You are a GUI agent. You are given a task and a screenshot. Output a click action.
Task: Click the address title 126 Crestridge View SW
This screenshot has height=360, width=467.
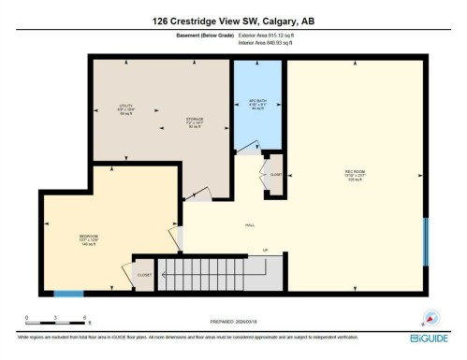(233, 22)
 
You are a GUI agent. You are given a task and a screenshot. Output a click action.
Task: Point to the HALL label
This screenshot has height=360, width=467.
(250, 225)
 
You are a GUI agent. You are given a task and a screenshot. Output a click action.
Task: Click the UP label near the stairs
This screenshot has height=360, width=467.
(265, 250)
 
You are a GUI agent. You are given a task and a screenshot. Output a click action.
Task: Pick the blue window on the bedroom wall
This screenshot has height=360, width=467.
(67, 293)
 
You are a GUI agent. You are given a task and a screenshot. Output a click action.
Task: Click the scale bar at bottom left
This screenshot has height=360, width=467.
(56, 318)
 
